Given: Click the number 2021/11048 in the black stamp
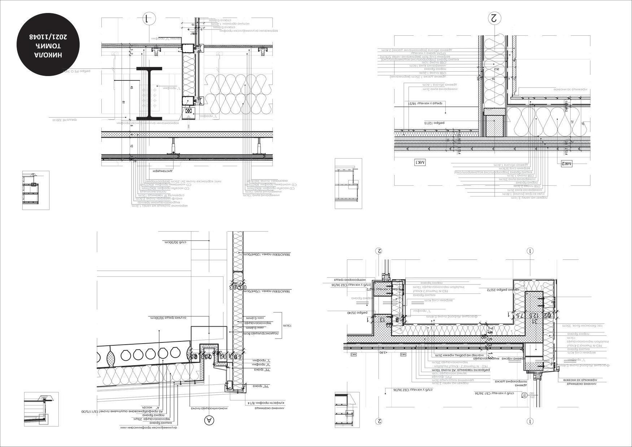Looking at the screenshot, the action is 49,37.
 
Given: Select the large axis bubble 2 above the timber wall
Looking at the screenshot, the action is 494,18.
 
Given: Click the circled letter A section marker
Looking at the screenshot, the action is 209,420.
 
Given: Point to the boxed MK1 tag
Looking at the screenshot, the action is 420,163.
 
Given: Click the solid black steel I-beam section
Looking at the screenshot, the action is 149,93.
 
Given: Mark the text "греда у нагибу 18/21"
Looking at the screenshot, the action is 422,103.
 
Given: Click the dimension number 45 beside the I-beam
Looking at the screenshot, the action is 132,88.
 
